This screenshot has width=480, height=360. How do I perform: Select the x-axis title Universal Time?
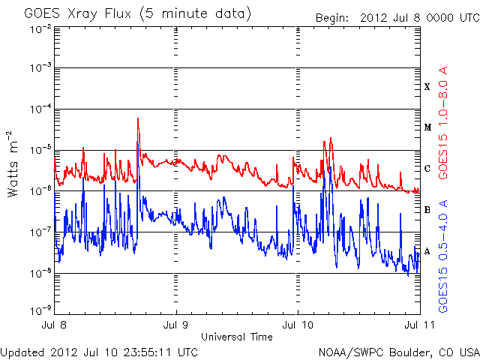tap(236, 337)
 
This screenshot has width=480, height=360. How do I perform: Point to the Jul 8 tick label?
tap(56, 325)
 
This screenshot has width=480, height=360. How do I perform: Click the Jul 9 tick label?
tap(176, 325)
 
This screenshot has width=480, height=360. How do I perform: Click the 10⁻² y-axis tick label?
tap(39, 28)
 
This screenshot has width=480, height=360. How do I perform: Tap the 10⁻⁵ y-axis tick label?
tap(39, 149)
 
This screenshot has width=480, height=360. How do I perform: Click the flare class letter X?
tap(427, 87)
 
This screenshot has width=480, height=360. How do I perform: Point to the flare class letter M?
tap(427, 127)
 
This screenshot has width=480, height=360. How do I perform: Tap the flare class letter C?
tap(427, 169)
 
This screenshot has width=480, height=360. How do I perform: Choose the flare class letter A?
tap(427, 251)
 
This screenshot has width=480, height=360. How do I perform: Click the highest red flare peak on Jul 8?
tap(138, 118)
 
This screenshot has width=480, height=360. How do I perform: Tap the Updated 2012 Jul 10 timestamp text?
tap(99, 352)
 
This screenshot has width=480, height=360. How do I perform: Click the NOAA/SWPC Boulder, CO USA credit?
tap(397, 352)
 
